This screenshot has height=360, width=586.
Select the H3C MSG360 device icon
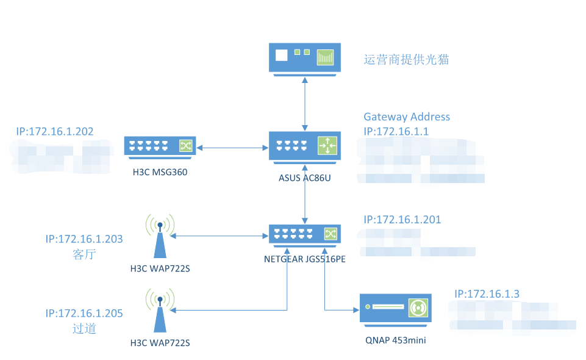160,146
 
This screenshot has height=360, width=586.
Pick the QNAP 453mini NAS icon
395,308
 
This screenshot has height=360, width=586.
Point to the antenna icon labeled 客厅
160,236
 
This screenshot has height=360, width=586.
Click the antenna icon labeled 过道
160,311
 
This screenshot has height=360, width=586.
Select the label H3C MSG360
160,172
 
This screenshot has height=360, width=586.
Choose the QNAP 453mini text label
395,340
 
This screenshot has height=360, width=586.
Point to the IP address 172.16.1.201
402,220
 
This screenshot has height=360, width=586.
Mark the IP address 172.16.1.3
487,293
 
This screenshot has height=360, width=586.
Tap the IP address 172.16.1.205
84,314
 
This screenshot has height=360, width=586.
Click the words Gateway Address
407,117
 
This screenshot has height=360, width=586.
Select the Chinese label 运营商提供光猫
406,59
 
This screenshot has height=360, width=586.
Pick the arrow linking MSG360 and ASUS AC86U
232,147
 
